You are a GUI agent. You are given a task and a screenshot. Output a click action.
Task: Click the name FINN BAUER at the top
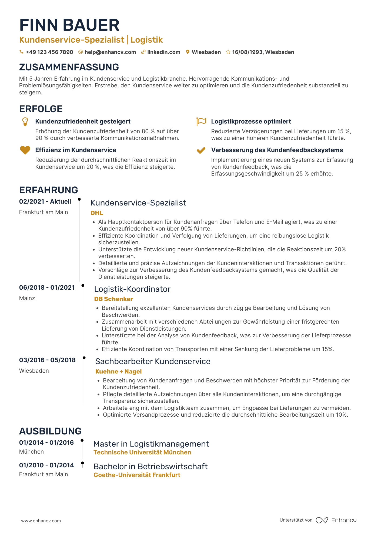tap(69, 25)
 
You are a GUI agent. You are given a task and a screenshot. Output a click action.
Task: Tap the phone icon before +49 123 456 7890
tap(21, 52)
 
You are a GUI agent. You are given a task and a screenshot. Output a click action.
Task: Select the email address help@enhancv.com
tap(110, 52)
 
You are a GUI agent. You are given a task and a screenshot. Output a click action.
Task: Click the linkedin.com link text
tap(163, 52)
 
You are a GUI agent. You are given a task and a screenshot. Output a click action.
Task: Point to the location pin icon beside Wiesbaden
tap(188, 52)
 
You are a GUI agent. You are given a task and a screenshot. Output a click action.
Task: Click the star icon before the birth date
tap(228, 52)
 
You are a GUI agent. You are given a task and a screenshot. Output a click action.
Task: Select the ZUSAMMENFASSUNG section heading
tap(69, 67)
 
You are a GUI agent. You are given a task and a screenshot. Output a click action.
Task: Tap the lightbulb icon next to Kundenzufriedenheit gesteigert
tap(25, 122)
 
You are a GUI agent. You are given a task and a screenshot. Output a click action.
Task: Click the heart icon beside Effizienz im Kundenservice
tap(25, 150)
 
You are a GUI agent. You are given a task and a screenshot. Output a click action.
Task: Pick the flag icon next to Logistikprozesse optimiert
tap(201, 122)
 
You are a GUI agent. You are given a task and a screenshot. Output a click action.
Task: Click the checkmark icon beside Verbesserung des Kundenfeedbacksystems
tap(201, 150)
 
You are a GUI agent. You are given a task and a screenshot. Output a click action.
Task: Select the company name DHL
tap(97, 213)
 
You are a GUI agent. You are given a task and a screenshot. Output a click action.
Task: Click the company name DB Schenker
tap(113, 299)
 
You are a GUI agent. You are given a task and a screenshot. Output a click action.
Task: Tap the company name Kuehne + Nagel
tap(118, 371)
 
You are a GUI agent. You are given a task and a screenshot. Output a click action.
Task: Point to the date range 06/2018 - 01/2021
tap(47, 287)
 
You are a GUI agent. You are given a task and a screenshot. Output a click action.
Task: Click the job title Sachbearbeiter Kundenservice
tap(153, 361)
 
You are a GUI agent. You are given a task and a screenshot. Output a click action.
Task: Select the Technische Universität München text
tap(142, 452)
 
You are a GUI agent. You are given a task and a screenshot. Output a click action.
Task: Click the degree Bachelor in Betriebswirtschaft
tap(151, 466)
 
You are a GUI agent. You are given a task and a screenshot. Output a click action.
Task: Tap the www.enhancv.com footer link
tap(41, 521)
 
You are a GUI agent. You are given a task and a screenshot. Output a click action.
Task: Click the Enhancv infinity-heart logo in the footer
tap(322, 520)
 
